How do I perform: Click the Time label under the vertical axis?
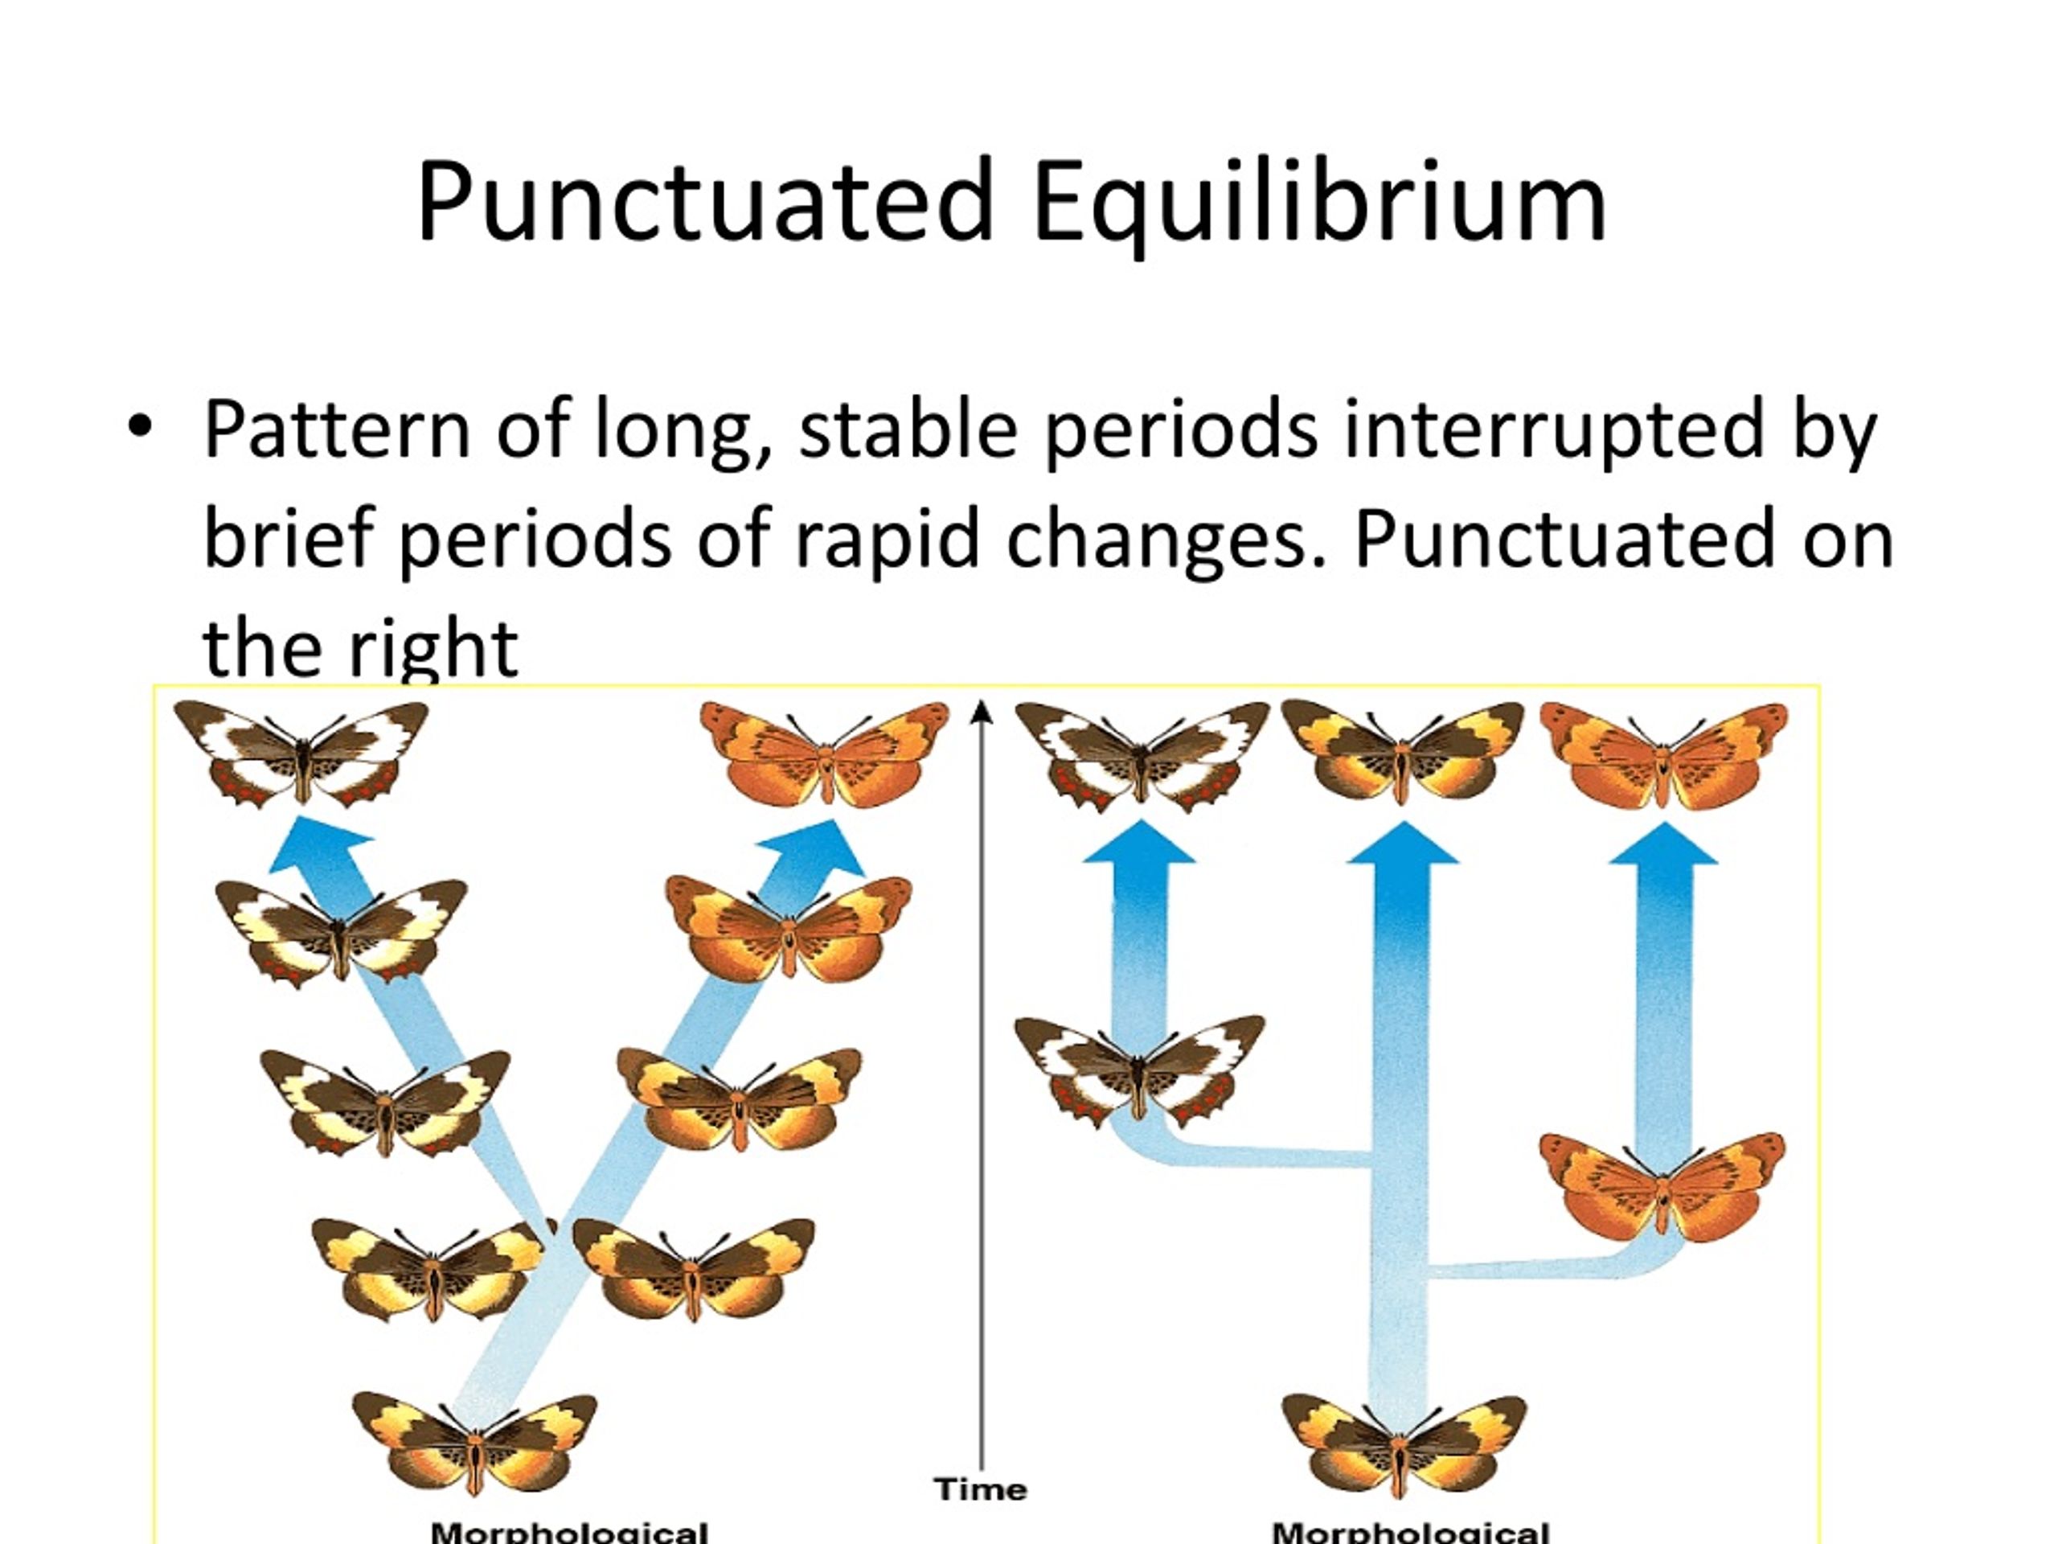[x=981, y=1489]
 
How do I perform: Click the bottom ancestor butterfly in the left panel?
[x=475, y=1443]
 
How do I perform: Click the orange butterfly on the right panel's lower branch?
[x=1662, y=1187]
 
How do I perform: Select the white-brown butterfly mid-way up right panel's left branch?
[x=1139, y=1070]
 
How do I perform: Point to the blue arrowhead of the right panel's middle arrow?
[x=1402, y=845]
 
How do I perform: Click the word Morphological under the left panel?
[x=569, y=1532]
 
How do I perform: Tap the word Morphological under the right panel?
[x=1409, y=1532]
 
